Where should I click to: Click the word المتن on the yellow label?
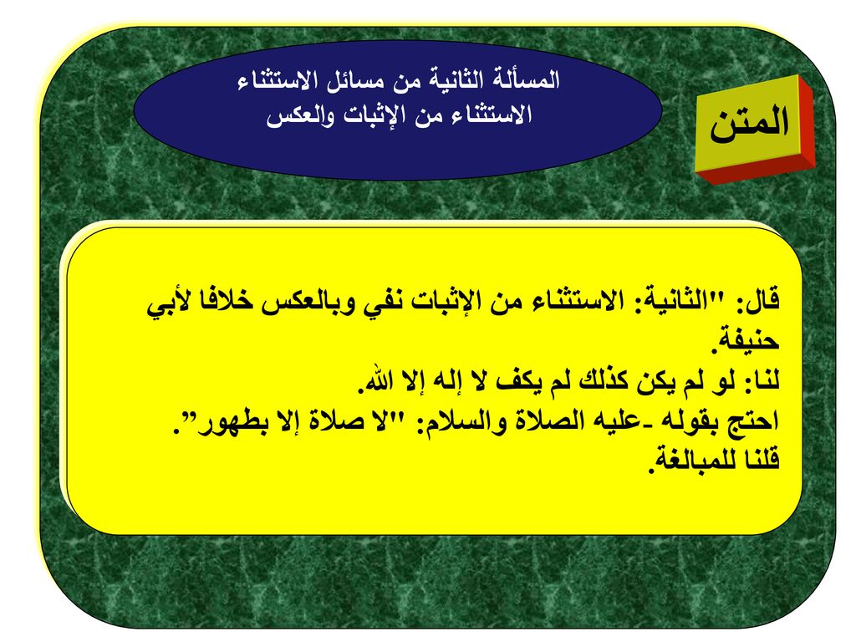pyautogui.click(x=749, y=124)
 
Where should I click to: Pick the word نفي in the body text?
pyautogui.click(x=385, y=302)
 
